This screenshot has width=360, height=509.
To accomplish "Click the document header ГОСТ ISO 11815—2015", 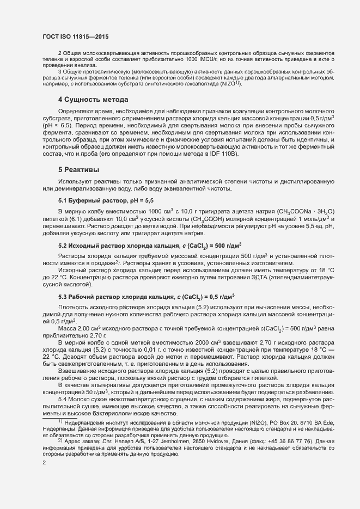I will (75, 36).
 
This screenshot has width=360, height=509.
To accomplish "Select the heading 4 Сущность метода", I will (93, 100).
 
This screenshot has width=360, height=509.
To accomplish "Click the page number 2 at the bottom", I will (44, 463).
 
